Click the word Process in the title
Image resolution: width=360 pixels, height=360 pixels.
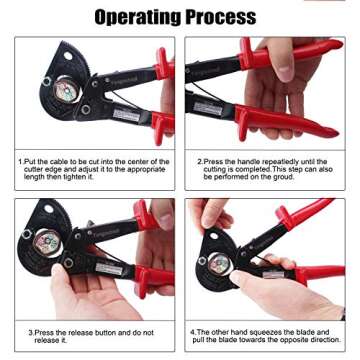(227, 17)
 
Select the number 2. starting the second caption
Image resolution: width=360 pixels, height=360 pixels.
(200, 161)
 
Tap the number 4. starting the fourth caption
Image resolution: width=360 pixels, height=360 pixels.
(194, 330)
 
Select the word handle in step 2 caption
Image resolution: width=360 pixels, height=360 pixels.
(243, 161)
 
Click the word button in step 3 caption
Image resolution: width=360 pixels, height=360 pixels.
(99, 332)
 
